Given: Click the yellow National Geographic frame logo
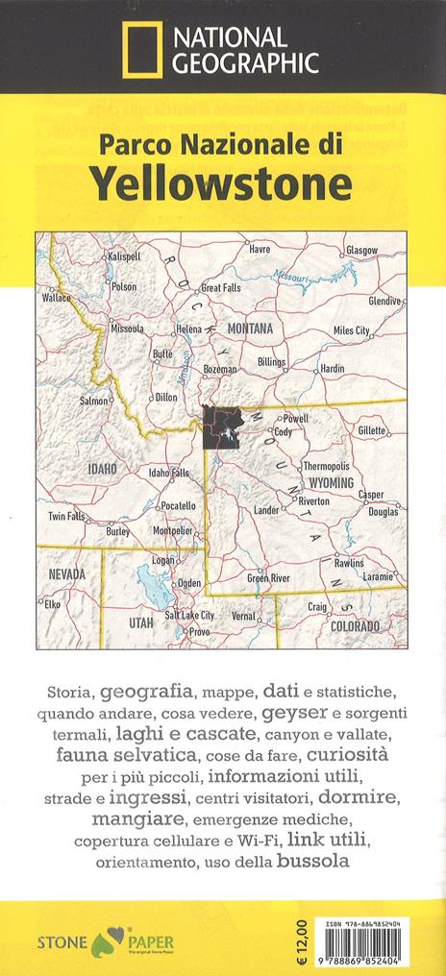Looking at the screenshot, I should (140, 51).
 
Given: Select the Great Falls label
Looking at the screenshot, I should (220, 287).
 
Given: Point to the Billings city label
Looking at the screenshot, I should (272, 362).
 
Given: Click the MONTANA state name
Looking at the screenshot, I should (250, 329).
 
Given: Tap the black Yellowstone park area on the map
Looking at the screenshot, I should (222, 427).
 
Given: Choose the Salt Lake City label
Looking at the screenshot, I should (189, 616).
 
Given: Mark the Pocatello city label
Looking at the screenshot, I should (177, 505).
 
